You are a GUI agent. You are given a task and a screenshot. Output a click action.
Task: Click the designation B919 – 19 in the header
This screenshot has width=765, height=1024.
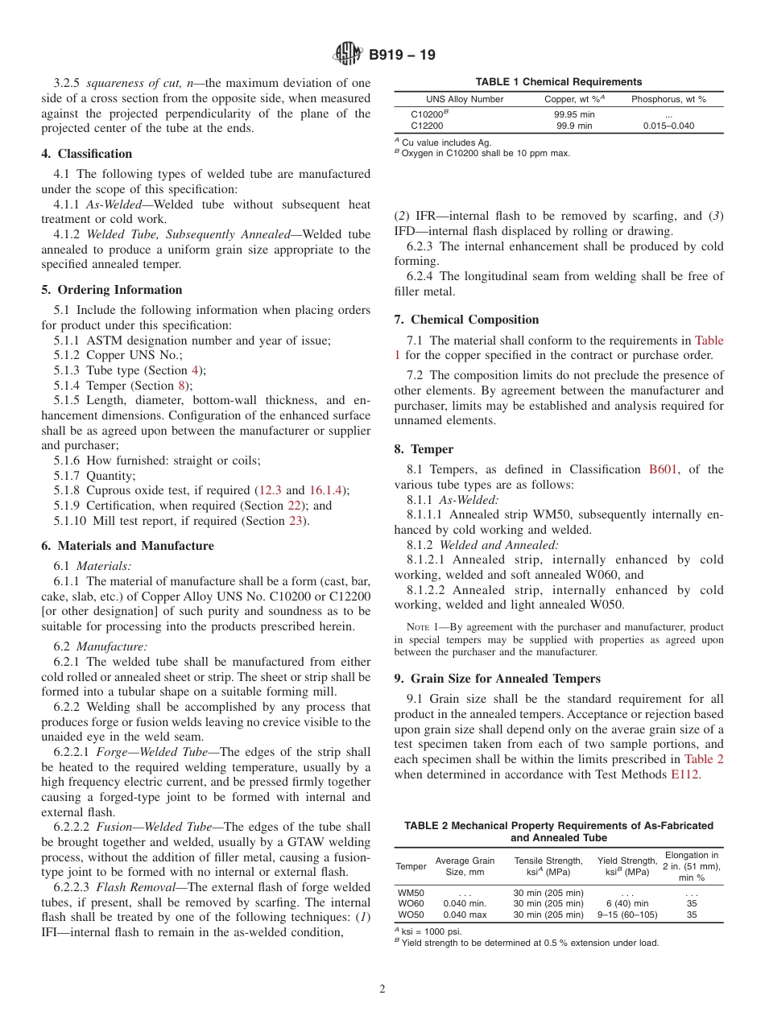coord(402,56)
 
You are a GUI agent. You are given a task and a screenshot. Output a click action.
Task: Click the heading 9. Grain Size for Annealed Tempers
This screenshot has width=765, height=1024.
coord(497,679)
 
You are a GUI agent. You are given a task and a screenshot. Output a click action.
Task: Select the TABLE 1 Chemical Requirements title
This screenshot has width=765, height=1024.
coord(558,82)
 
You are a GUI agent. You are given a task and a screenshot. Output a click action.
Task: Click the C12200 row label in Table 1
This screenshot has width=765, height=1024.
coord(426,126)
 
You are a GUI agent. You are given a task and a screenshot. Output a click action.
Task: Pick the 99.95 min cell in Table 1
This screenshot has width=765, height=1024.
coord(573,115)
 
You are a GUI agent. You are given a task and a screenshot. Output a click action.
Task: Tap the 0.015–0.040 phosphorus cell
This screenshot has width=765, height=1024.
coord(668,126)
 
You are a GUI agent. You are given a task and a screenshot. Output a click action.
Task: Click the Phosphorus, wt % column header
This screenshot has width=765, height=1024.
coord(668,99)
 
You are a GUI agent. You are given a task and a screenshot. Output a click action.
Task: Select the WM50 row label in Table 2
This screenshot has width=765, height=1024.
coord(411,893)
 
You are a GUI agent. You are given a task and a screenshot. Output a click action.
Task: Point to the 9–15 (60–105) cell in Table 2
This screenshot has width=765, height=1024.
coord(627,915)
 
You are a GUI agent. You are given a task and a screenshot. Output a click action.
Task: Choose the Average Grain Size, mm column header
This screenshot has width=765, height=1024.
coord(465,866)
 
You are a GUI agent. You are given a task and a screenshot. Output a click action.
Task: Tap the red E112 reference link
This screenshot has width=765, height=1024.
coord(685,774)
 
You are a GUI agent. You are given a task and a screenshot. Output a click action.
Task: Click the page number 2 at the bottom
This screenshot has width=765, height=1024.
coord(382,989)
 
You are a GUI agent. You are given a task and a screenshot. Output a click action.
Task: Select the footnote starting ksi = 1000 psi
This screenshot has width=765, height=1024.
coord(435,931)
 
